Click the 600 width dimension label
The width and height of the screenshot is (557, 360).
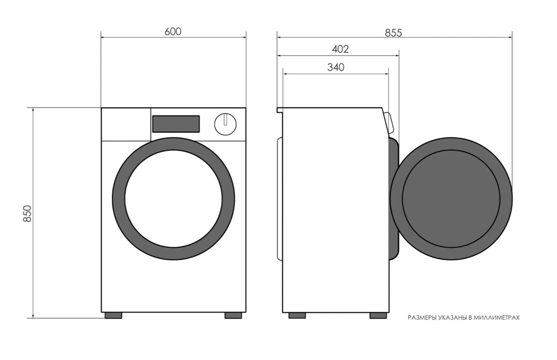tap(173, 32)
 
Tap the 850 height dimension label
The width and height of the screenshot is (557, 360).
tap(27, 213)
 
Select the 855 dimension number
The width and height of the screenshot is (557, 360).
tap(393, 33)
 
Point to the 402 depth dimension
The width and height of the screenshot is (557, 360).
tap(340, 49)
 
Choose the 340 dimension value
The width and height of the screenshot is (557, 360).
tap(336, 67)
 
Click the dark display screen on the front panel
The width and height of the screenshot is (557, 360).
tap(176, 124)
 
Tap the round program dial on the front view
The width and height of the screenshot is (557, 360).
tap(225, 124)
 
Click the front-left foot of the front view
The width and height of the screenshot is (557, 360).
tap(114, 316)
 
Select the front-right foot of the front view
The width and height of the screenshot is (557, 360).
tap(233, 316)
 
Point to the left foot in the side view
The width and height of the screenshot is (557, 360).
tap(297, 316)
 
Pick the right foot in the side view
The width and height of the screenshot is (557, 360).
tap(378, 316)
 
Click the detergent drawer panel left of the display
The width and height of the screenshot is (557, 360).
tap(126, 124)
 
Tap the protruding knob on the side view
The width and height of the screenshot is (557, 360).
tap(389, 123)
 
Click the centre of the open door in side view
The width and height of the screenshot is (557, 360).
tap(451, 199)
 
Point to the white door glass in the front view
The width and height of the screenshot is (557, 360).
tap(173, 199)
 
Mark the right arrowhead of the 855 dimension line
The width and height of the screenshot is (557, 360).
tap(510, 37)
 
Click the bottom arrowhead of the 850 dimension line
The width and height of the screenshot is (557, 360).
tap(33, 316)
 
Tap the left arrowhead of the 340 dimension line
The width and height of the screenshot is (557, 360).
tap(285, 74)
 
